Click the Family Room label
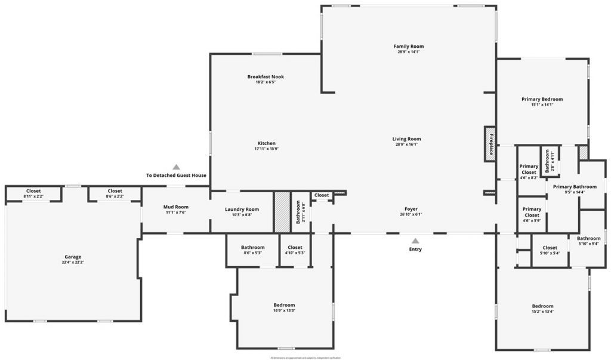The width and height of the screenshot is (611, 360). coord(409,46)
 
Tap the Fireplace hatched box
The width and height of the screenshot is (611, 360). coord(490,144)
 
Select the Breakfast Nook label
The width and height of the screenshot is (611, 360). coord(266,76)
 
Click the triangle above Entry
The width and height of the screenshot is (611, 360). coord(415,240)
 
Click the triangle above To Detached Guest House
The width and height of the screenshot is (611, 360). coord(176,167)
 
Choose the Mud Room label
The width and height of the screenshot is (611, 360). coord(176,207)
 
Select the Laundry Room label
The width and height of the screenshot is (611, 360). coord(242,209)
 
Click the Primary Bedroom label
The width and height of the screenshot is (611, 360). coord(542,99)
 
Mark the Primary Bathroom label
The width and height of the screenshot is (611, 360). coord(575,186)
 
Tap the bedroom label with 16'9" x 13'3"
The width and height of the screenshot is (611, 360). coord(284,305)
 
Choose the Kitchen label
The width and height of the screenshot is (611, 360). coord(266,143)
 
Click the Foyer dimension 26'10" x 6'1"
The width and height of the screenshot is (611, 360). coord(411,214)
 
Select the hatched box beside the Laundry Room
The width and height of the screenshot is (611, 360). coord(281,212)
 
